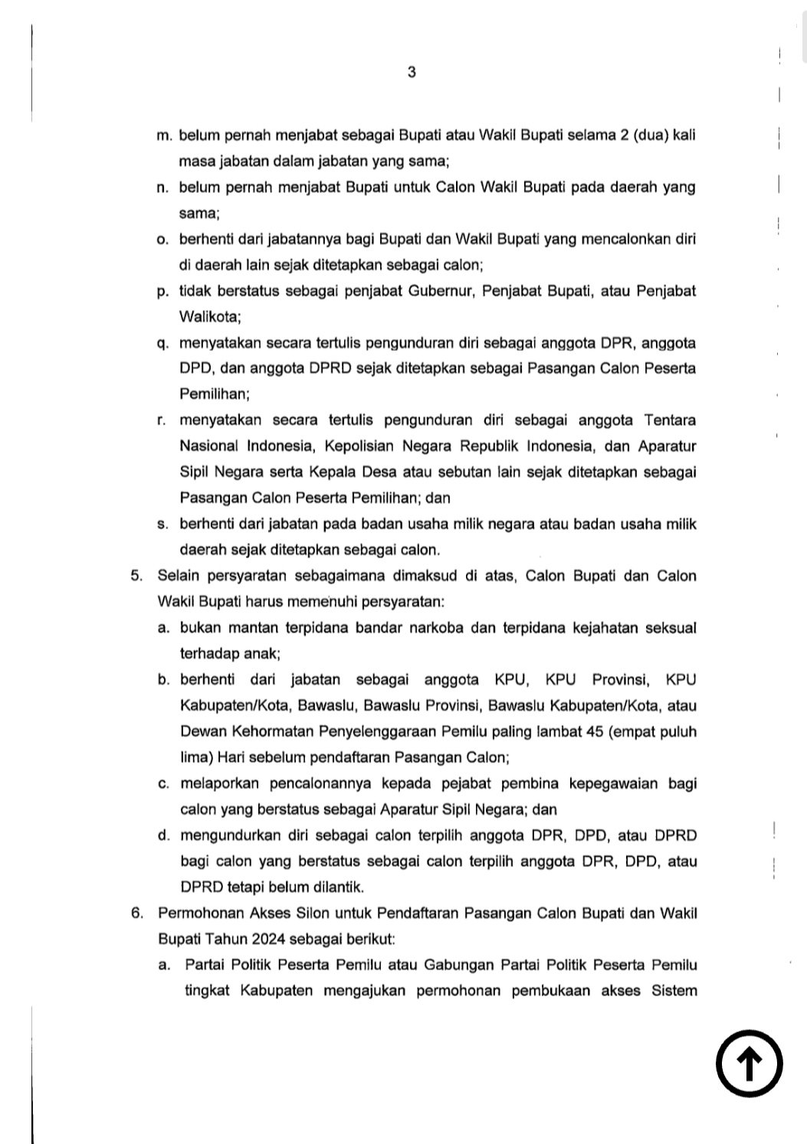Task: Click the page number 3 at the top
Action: [x=412, y=73]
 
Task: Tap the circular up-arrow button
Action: [x=749, y=1064]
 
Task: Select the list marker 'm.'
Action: [x=164, y=136]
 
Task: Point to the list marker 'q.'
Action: [x=162, y=343]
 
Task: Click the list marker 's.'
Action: [x=162, y=525]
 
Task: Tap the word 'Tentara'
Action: [x=670, y=420]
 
